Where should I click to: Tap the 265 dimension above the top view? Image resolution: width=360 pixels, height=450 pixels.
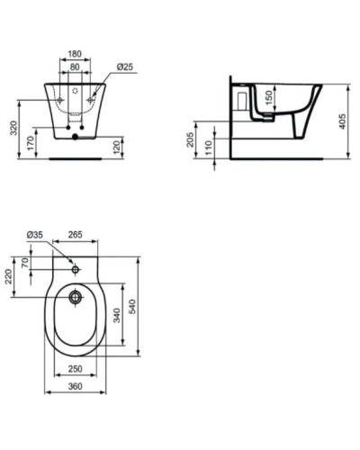coord(76,236)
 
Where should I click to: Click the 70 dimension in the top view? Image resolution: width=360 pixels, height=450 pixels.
coord(26,263)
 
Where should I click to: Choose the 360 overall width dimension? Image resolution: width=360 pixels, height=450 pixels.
coord(76,386)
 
